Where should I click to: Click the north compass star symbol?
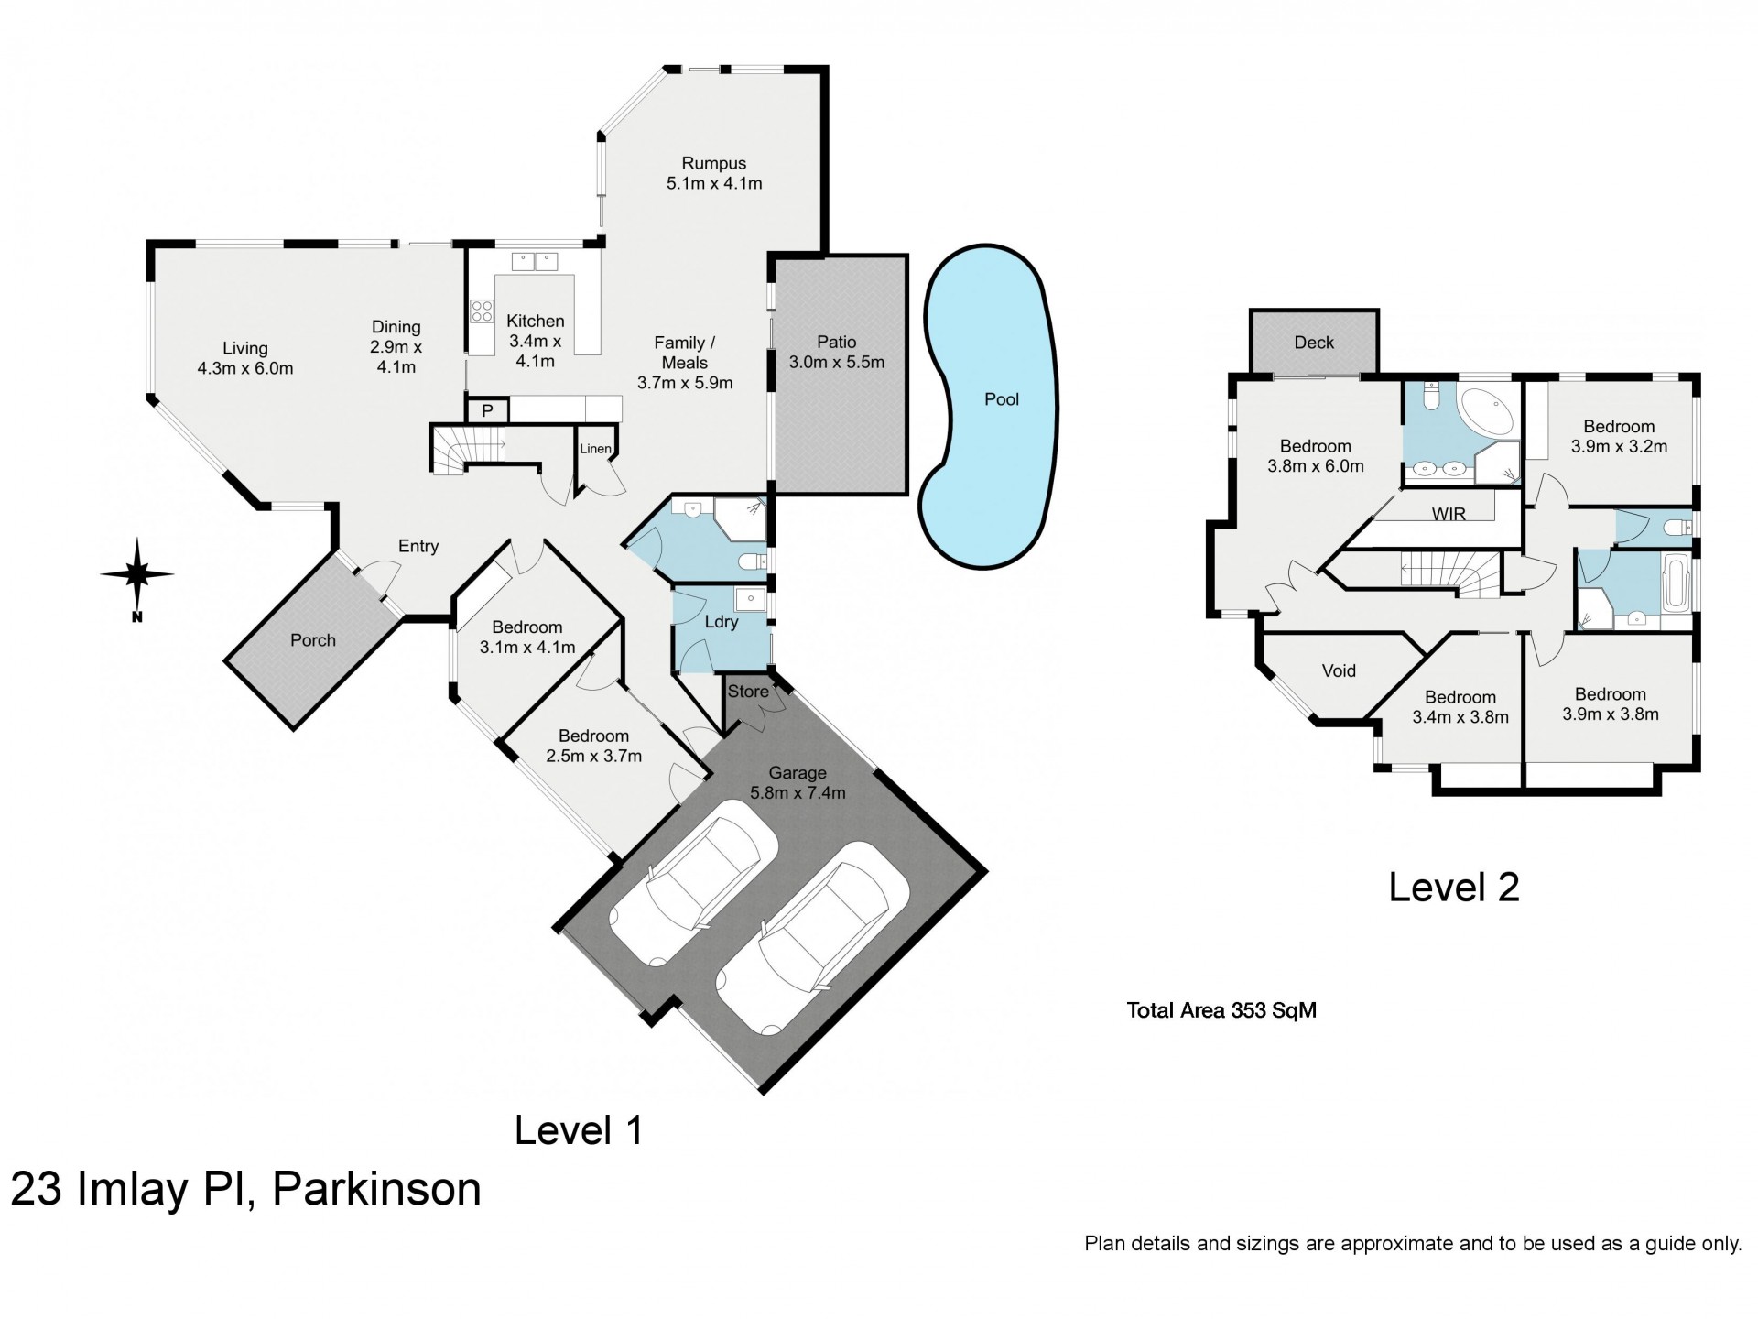(x=136, y=574)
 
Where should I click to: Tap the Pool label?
(x=1001, y=399)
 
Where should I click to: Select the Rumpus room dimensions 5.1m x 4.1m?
(x=714, y=183)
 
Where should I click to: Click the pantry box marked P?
(x=487, y=410)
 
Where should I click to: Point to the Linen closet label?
(x=595, y=449)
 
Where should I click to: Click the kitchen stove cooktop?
(x=482, y=311)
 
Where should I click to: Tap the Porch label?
(x=313, y=640)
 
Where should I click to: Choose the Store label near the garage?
(x=748, y=692)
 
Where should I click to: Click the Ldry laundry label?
(x=722, y=622)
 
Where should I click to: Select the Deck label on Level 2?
(x=1314, y=343)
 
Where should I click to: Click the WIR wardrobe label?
(x=1449, y=514)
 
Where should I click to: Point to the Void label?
(x=1339, y=670)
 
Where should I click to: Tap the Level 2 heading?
(x=1454, y=887)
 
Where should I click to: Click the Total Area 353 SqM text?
(x=1221, y=1010)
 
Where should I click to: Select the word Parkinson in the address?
(x=376, y=1189)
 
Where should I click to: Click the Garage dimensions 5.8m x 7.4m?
(x=798, y=793)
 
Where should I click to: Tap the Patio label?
(x=836, y=342)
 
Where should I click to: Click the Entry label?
(x=418, y=546)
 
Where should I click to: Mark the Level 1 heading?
(x=579, y=1130)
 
